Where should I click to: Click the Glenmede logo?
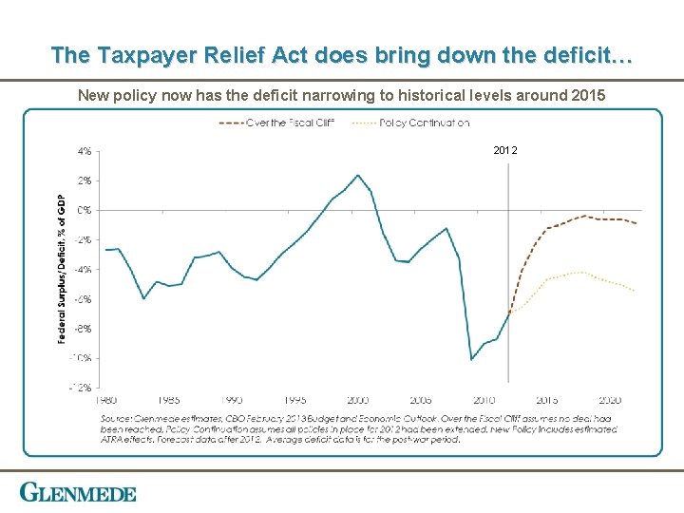pos(78,493)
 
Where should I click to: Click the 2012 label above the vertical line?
pos(506,151)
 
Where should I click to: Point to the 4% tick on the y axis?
pos(85,150)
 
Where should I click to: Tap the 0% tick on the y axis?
pos(85,209)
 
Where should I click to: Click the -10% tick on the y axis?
pos(82,357)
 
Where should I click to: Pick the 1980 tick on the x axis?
pos(106,400)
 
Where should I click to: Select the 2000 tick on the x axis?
pos(358,400)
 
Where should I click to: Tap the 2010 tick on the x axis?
pos(484,400)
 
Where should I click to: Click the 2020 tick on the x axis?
pos(610,400)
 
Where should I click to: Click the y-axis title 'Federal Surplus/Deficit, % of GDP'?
pos(63,269)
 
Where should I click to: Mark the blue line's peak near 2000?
pos(358,175)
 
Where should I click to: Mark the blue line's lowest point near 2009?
pos(472,359)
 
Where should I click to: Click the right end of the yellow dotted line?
pos(636,291)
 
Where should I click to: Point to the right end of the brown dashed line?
pos(636,223)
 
